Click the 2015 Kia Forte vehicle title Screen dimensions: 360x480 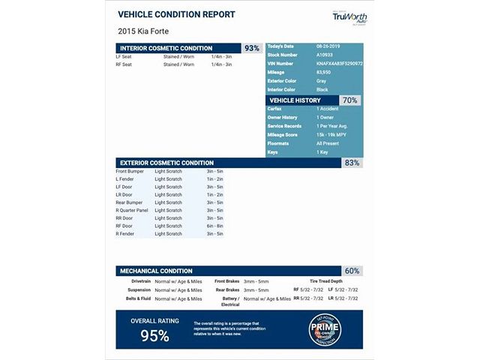pos(143,31)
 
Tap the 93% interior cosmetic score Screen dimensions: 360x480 pos(252,48)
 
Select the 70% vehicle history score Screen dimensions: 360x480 pos(349,100)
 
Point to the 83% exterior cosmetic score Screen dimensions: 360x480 pos(352,162)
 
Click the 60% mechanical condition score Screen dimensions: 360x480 pos(352,270)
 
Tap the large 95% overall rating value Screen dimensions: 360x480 pos(154,335)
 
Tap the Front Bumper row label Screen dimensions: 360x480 pos(130,171)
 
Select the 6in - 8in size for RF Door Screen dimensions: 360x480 pos(214,226)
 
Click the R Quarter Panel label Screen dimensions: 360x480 pos(132,210)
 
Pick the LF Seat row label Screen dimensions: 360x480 pos(124,56)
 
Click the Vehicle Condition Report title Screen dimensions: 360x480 pos(176,14)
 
